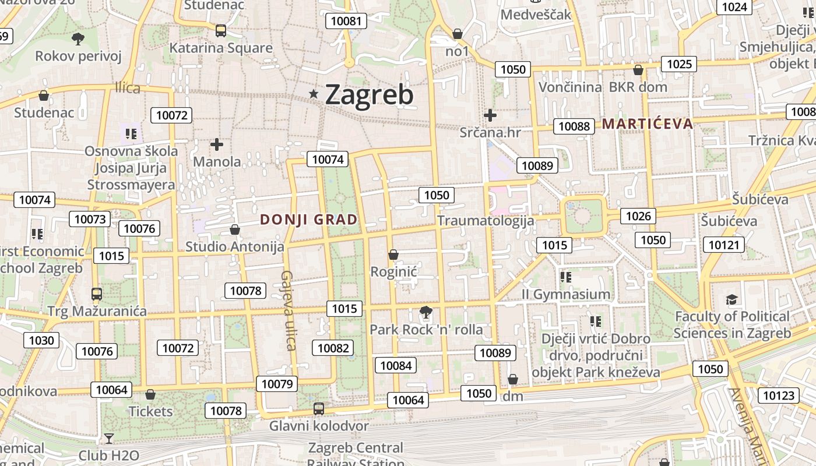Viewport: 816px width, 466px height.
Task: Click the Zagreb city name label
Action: point(369,94)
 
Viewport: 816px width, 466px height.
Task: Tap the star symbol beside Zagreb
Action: point(314,94)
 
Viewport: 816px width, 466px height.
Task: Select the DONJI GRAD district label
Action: point(308,220)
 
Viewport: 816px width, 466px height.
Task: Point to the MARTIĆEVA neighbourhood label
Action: point(648,123)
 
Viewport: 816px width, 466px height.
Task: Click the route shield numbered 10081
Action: point(346,22)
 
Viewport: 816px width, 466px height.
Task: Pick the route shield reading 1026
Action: point(638,216)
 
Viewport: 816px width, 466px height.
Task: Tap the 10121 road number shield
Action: point(723,245)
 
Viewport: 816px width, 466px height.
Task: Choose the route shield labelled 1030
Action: point(41,340)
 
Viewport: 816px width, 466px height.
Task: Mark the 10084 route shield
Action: point(396,365)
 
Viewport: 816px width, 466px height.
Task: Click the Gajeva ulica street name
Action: point(289,310)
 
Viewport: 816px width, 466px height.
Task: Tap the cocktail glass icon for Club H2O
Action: point(109,438)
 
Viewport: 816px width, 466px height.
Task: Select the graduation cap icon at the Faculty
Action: point(731,299)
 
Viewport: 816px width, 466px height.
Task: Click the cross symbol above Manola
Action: point(217,144)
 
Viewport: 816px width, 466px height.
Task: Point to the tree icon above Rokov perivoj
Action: point(78,39)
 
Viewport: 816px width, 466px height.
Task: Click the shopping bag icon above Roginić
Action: point(393,255)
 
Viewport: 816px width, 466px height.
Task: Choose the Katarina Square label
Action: point(221,48)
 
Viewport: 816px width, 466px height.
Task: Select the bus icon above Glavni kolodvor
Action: point(319,408)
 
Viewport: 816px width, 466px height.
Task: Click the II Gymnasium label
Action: point(566,294)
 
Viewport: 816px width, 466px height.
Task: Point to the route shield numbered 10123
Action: point(779,396)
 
